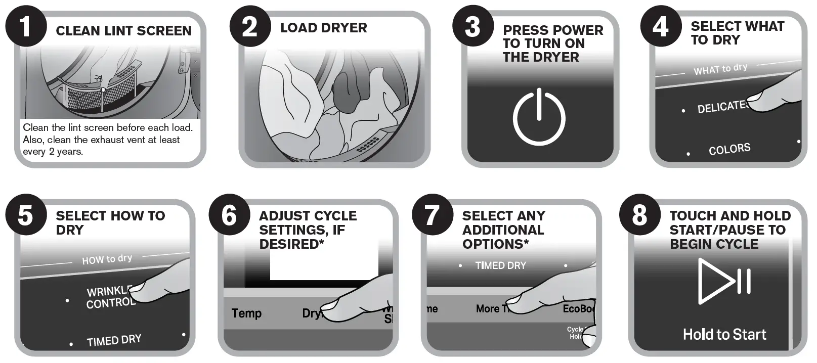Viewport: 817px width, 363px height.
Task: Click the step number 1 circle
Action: (26, 26)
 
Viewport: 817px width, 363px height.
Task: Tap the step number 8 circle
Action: (639, 215)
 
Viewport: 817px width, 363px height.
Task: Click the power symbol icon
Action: (539, 118)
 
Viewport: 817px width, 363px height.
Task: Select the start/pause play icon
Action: (724, 281)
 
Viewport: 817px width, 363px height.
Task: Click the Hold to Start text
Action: (724, 334)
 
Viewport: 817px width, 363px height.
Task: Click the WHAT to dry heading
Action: (720, 69)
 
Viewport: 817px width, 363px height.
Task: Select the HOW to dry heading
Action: (107, 259)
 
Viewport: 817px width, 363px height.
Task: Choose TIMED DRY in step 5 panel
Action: (114, 340)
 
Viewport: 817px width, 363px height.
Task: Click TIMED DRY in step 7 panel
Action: (500, 265)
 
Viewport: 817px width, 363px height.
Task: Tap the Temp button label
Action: (246, 313)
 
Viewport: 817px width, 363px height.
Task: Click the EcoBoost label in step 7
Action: (579, 308)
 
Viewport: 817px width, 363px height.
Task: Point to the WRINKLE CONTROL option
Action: (110, 297)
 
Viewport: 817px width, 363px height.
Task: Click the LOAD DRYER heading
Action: (324, 28)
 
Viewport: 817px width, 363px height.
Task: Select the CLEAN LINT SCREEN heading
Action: (123, 31)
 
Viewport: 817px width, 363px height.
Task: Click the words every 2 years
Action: (53, 152)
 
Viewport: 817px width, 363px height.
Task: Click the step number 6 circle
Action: (229, 215)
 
